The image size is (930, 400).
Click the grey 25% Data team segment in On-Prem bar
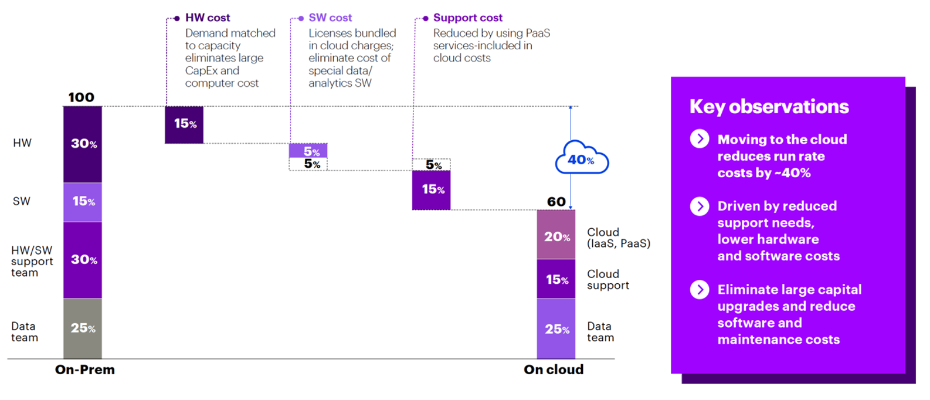[83, 328]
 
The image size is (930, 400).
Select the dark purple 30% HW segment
[83, 144]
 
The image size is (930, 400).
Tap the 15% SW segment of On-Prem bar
[83, 202]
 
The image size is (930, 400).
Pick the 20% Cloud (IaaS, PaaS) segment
[556, 235]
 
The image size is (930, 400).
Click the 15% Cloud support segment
[556, 279]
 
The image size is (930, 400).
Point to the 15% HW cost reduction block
[184, 124]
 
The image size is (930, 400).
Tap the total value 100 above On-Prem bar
[81, 97]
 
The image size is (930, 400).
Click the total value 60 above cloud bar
[556, 202]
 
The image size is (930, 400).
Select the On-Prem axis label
[85, 370]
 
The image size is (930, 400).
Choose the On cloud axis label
[554, 370]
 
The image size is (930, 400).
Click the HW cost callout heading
[208, 18]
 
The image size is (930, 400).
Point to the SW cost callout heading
[330, 18]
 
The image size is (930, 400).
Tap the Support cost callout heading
[467, 18]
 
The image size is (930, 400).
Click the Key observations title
[769, 107]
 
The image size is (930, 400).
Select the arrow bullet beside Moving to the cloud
[699, 139]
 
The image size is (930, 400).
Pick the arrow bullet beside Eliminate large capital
[699, 289]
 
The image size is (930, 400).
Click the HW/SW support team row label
[32, 262]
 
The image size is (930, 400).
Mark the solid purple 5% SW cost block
[308, 151]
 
